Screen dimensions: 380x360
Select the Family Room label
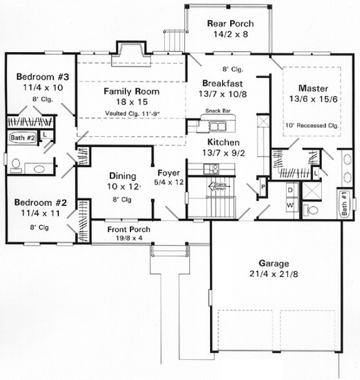pyautogui.click(x=131, y=91)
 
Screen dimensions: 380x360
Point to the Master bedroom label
pyautogui.click(x=313, y=89)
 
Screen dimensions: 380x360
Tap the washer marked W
pyautogui.click(x=290, y=204)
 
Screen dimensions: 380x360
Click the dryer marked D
pyautogui.click(x=290, y=189)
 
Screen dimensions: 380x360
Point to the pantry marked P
pyautogui.click(x=262, y=187)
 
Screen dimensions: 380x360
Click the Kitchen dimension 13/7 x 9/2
pyautogui.click(x=221, y=152)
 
